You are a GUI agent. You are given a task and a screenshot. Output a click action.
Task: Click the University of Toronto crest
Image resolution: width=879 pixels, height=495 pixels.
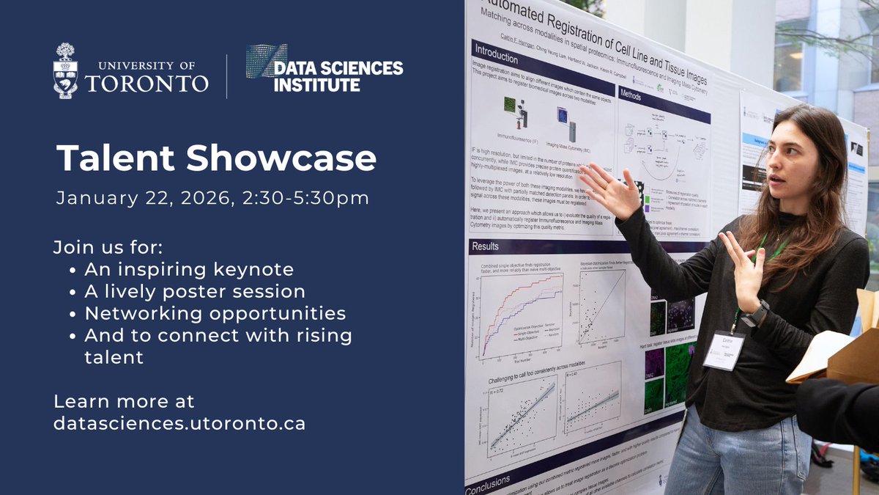tap(65, 70)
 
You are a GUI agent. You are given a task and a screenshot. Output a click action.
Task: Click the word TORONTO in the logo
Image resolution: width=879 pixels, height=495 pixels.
tap(146, 83)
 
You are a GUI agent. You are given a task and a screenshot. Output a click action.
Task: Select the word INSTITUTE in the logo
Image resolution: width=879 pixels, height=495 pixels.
tap(316, 85)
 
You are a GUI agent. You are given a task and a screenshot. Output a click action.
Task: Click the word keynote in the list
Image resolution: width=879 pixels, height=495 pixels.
tap(256, 268)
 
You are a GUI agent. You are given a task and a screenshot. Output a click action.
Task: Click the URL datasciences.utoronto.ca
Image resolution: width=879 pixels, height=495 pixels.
tap(179, 424)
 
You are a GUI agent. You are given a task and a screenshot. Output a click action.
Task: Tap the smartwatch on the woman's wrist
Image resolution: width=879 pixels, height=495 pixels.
tap(755, 314)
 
